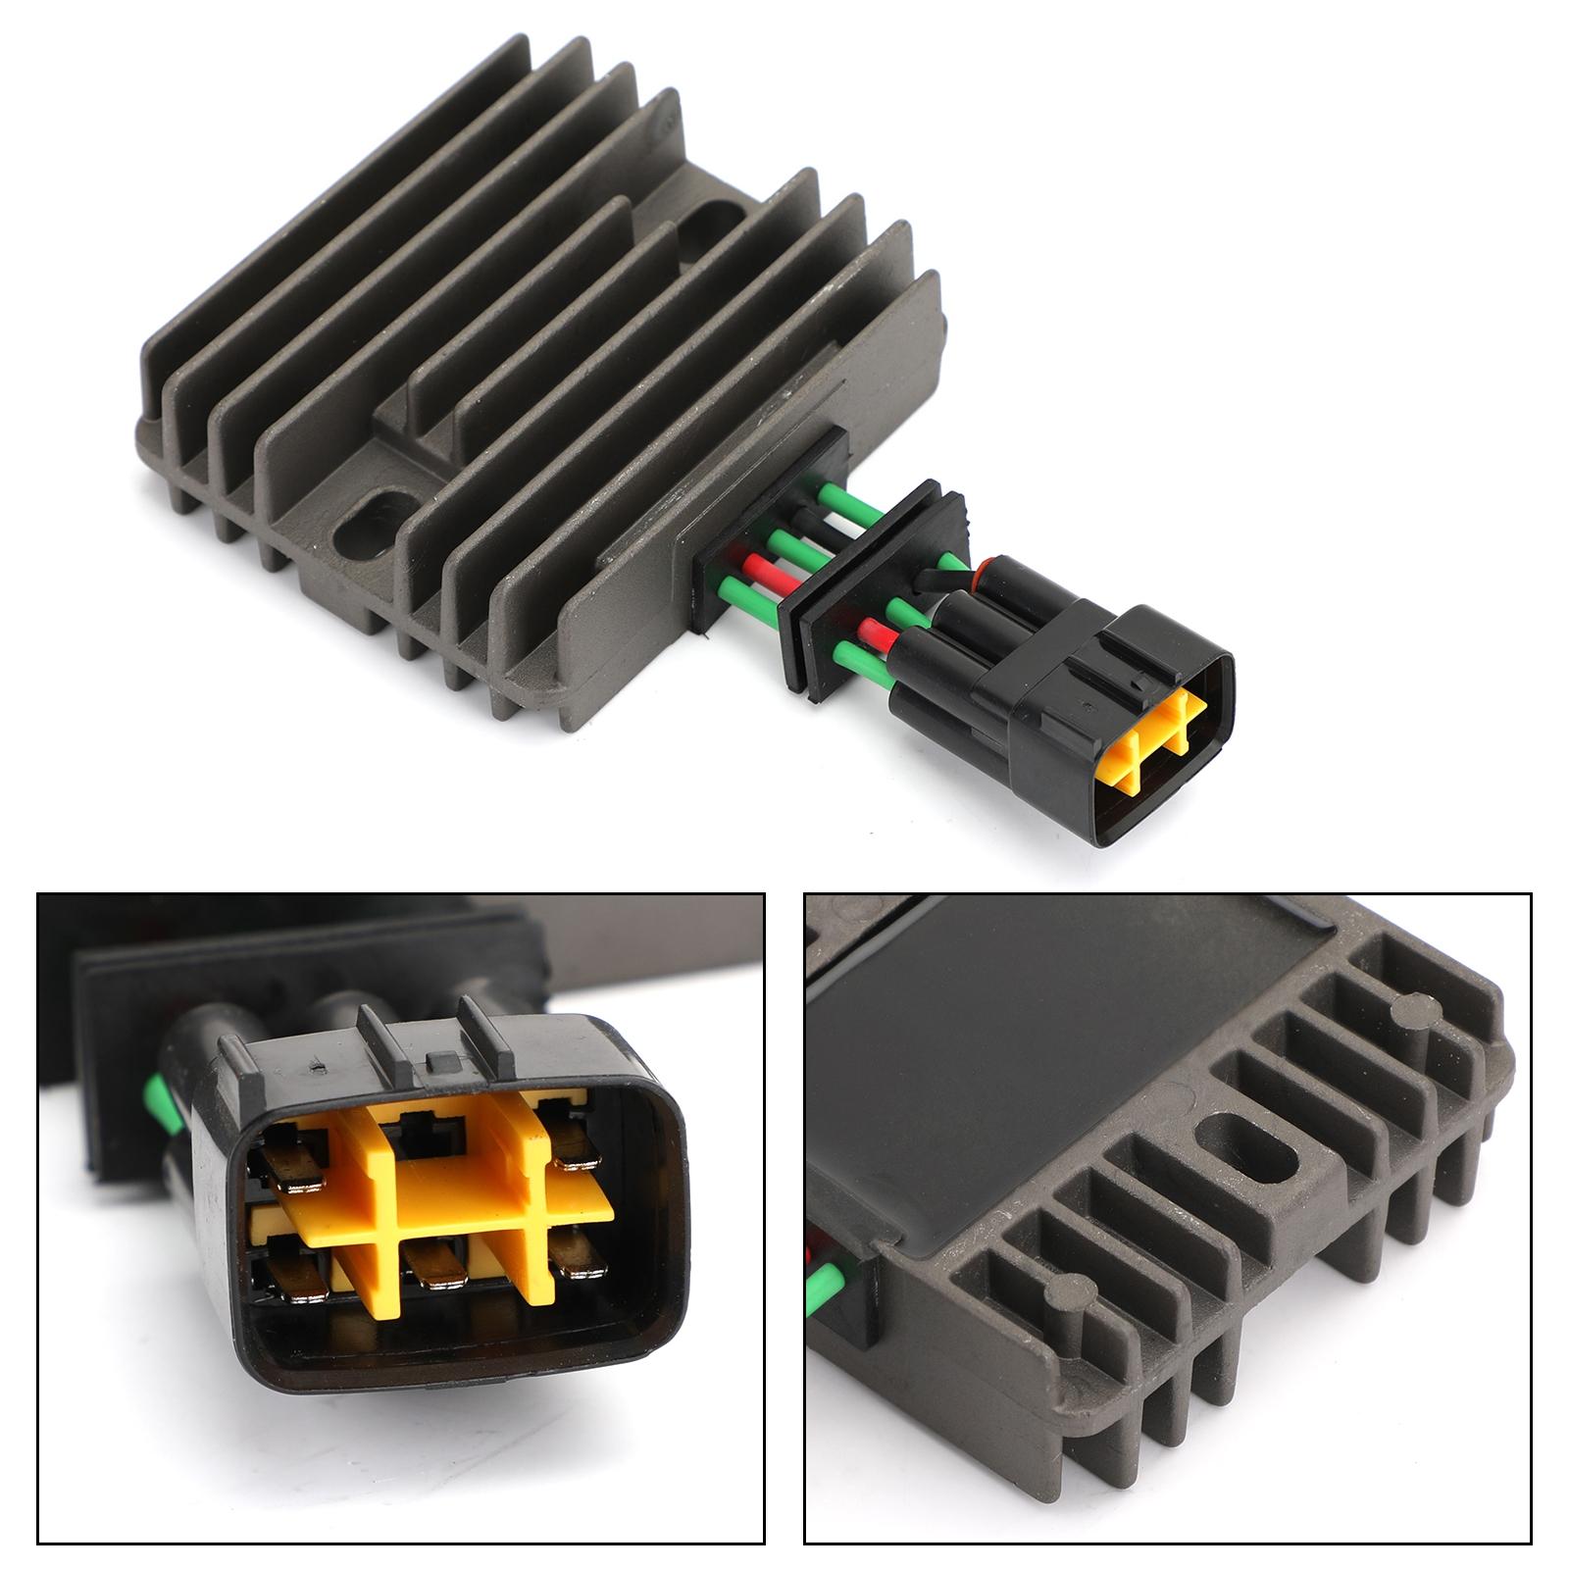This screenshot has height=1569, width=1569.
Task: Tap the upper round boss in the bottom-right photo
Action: coord(1410,1005)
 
